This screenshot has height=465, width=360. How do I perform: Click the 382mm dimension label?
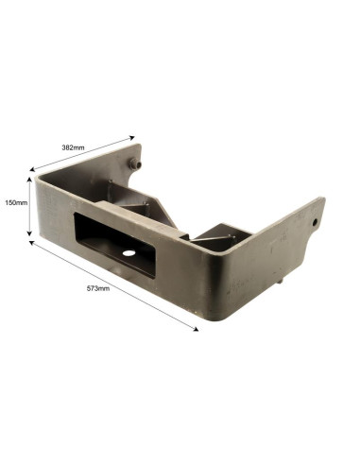coord(73,147)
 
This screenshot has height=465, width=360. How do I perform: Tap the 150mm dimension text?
coord(16,203)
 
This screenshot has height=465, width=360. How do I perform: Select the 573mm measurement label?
coord(98,288)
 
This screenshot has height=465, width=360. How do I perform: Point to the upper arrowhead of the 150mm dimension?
coord(29,180)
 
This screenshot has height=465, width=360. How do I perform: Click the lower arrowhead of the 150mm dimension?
coord(29,233)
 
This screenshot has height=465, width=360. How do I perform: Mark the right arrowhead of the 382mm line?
coord(132,137)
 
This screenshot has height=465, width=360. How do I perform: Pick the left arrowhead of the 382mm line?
coord(32,170)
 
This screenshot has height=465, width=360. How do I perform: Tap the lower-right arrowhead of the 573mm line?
coord(196,329)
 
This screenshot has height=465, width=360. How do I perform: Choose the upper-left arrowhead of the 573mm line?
coord(32,242)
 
